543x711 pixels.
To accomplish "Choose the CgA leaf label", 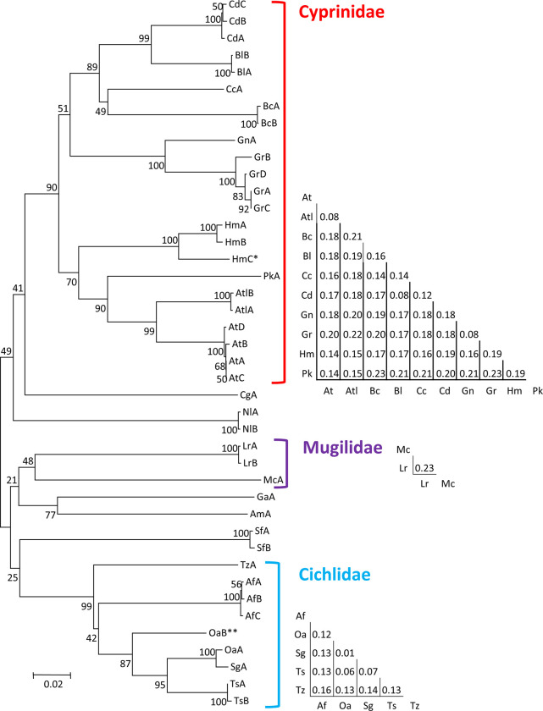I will (249, 394).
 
